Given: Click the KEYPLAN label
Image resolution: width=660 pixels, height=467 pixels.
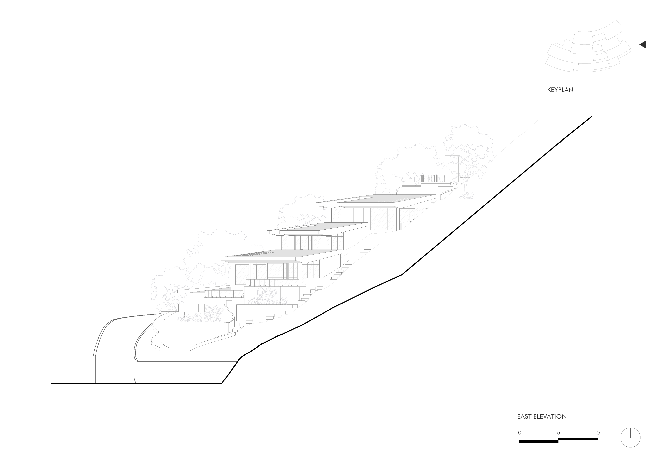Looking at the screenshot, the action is coord(560,90).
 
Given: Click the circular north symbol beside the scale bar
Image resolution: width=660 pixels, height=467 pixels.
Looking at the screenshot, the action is coord(630,446).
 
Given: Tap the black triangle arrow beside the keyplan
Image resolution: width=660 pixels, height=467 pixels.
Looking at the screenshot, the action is coord(643,45).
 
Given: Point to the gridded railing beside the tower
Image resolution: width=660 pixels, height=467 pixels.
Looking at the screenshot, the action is coord(433,178).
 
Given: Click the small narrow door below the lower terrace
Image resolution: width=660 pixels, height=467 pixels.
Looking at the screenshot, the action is coord(229,306).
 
